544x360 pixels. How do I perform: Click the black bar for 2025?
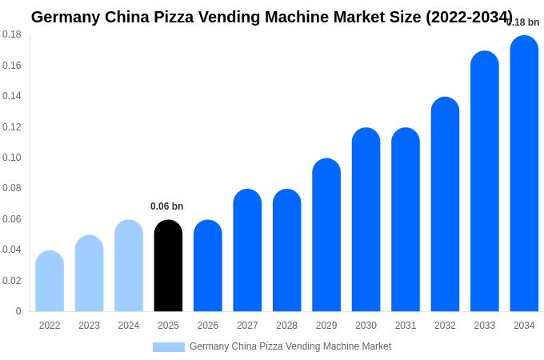click(x=168, y=266)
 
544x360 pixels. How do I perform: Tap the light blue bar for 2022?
click(x=50, y=281)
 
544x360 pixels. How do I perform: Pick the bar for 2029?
click(x=326, y=235)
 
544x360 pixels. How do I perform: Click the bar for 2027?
click(x=247, y=250)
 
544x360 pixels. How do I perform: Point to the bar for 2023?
click(x=89, y=274)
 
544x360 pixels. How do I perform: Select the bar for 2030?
click(x=366, y=220)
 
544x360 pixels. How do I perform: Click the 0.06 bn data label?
click(x=166, y=206)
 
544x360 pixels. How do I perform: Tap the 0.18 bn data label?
click(x=523, y=22)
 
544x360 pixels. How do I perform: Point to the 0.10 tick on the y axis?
click(x=12, y=158)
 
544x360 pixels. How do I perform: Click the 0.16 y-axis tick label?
click(x=12, y=66)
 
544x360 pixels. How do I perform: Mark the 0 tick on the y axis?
click(x=18, y=311)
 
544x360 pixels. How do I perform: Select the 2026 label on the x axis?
click(x=208, y=326)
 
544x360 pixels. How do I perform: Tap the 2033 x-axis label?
click(x=485, y=326)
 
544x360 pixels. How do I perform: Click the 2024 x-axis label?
click(x=129, y=326)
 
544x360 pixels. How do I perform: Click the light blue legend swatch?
click(x=169, y=347)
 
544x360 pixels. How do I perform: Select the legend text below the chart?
click(x=290, y=346)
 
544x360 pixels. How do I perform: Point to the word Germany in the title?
click(x=66, y=17)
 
